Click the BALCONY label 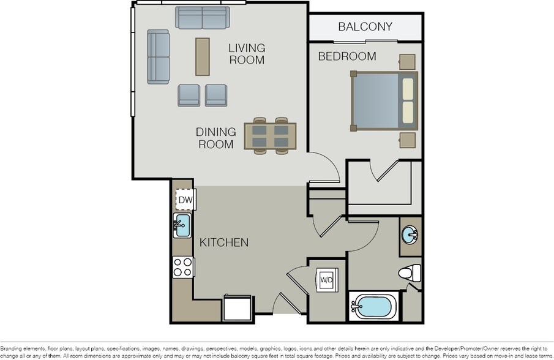pos(365,27)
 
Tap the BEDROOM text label pos(346,56)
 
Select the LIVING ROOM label pos(246,54)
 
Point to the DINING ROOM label pos(215,138)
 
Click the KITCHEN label pos(224,242)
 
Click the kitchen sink pos(182,226)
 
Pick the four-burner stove pos(183,267)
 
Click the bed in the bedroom pos(384,101)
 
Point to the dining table pos(270,136)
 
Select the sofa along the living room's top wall pos(203,18)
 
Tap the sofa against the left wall pos(158,56)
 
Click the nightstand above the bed pos(406,62)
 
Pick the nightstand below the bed pos(407,140)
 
